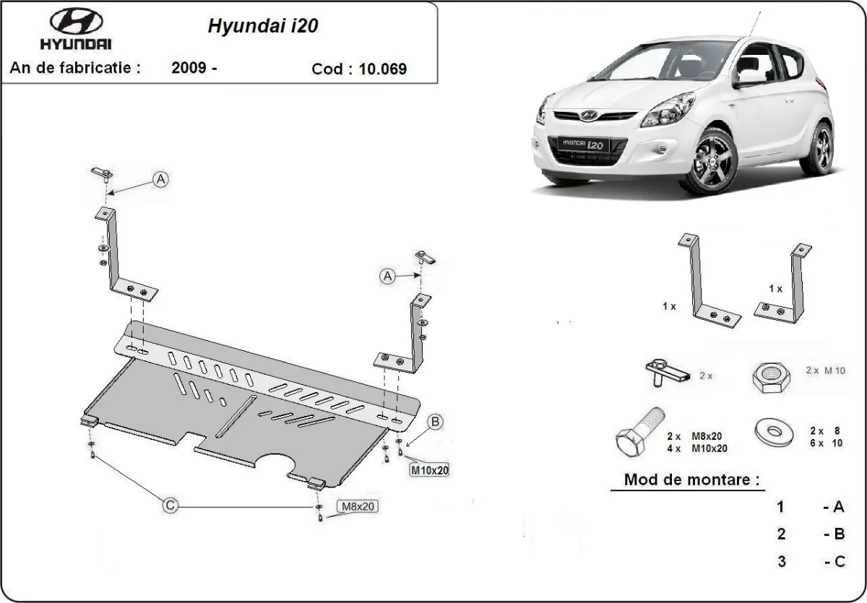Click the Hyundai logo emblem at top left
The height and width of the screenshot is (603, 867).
(76, 22)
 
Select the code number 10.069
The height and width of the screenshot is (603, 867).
(382, 69)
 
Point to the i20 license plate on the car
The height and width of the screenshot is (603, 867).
(582, 144)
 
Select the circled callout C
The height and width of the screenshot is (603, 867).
(169, 506)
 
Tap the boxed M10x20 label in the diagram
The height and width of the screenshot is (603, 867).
(429, 470)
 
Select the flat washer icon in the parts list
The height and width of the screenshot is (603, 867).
(774, 432)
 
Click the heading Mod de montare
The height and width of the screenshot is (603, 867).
(692, 480)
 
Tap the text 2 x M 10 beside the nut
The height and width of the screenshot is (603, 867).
(825, 370)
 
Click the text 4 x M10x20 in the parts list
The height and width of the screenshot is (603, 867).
(696, 448)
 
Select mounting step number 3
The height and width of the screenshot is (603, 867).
(780, 561)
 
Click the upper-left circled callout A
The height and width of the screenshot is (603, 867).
(160, 179)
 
